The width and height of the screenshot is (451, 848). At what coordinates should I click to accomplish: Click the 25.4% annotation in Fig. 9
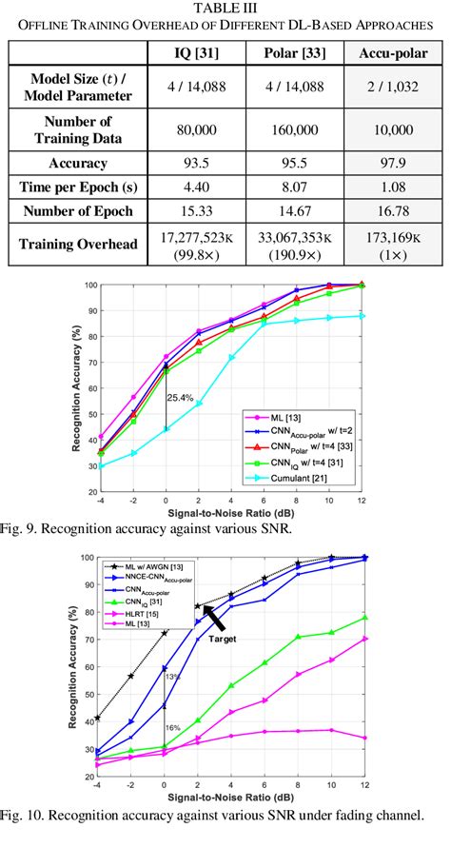click(x=182, y=396)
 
